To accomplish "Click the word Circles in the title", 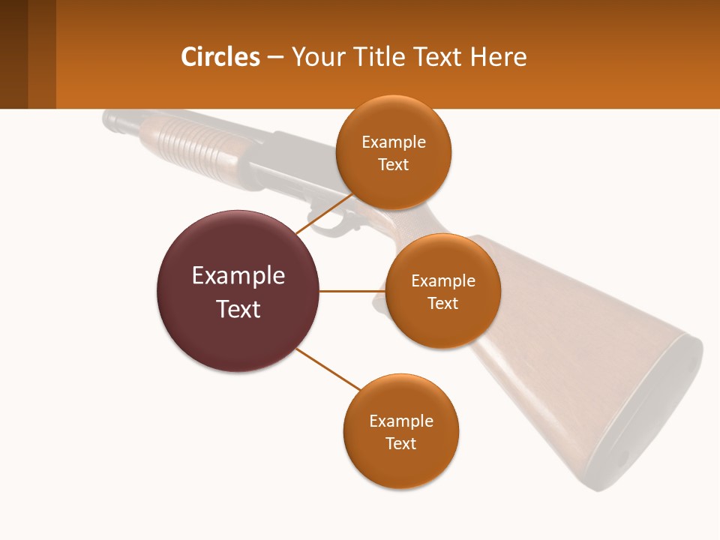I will coord(220,57).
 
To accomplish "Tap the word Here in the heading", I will coord(498,57).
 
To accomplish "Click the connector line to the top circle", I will coord(324,213).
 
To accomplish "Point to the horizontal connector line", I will coord(352,291).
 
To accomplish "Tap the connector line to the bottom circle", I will coord(328,369).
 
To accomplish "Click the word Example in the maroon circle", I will coord(238,276).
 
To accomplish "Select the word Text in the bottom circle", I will coord(400,443).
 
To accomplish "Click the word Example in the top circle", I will coord(393,142).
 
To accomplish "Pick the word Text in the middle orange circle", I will coord(442,303).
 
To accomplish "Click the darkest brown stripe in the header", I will coord(13,54).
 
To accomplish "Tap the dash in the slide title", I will coord(275,57).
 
